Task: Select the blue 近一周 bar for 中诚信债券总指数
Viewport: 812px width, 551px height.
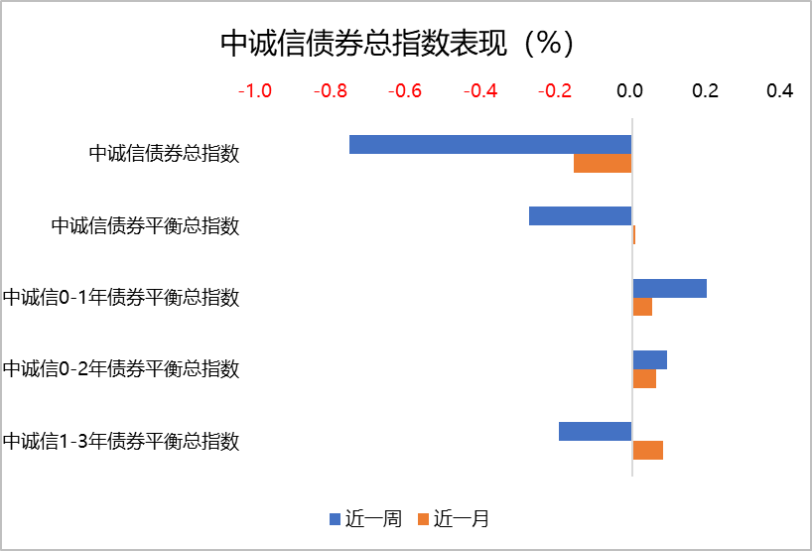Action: (490, 145)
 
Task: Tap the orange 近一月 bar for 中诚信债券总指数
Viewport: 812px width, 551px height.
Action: (603, 164)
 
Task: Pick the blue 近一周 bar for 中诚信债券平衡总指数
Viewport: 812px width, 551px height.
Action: (580, 216)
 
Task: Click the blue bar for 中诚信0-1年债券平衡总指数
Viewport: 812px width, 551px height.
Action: (670, 288)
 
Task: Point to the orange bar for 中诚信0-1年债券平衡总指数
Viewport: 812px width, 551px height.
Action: (642, 307)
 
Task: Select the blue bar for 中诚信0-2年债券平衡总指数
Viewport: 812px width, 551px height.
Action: (650, 359)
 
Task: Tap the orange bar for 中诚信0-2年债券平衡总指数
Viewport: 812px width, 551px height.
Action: (644, 378)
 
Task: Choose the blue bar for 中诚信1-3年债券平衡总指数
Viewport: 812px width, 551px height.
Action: (595, 431)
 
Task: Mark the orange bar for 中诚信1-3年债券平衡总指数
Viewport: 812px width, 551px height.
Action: (648, 450)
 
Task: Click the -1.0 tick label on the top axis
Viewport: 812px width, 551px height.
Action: (255, 91)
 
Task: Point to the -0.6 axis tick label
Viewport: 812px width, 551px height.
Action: (405, 91)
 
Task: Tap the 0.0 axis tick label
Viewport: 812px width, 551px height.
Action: (630, 91)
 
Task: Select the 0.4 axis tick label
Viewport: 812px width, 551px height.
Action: (780, 91)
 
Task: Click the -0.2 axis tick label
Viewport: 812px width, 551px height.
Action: (555, 91)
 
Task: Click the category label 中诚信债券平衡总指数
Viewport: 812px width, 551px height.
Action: (145, 225)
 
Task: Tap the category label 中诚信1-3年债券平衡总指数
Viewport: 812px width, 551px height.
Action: (121, 440)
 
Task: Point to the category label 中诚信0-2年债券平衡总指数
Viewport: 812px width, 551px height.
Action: (121, 368)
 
